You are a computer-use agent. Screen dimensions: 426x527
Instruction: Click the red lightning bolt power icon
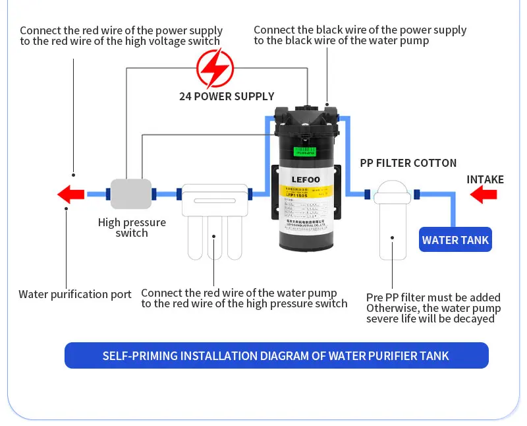point(215,67)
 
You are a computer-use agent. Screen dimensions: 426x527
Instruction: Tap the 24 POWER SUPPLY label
point(227,96)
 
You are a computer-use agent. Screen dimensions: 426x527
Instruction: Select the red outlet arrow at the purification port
point(71,195)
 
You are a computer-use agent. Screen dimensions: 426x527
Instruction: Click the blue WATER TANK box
point(455,240)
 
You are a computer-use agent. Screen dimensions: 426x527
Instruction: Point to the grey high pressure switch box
point(130,194)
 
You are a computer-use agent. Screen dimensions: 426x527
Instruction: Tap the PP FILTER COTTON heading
point(408,163)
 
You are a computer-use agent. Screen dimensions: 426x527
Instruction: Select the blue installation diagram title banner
point(276,355)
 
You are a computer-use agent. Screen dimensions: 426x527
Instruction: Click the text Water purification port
point(75,294)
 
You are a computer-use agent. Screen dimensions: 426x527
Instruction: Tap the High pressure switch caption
point(132,228)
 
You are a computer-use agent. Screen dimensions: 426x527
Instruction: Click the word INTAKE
point(485,179)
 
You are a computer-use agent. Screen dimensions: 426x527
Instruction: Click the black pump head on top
point(308,119)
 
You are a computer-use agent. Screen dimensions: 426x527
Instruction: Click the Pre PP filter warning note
point(433,308)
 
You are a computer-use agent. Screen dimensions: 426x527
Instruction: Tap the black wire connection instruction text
point(360,35)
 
